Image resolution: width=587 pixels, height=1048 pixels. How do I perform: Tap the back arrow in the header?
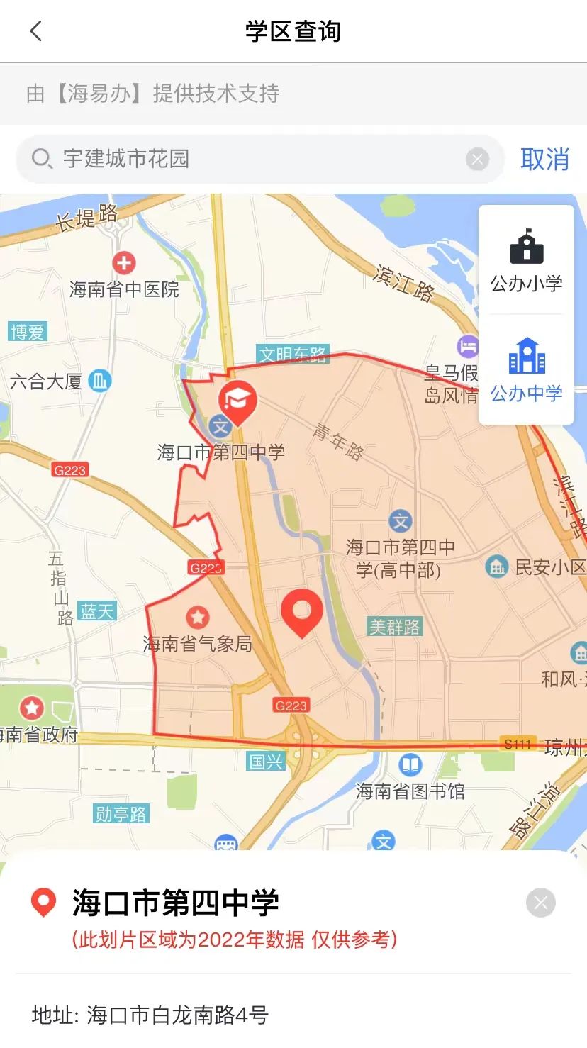(x=36, y=31)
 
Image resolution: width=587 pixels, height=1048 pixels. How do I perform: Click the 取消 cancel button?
(x=544, y=160)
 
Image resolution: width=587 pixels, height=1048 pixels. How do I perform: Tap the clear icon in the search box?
(x=477, y=160)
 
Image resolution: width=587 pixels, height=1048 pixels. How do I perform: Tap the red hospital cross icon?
(x=124, y=263)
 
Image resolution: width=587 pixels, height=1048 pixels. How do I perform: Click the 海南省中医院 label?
(x=124, y=289)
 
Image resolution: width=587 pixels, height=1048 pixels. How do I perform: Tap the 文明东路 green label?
(x=292, y=354)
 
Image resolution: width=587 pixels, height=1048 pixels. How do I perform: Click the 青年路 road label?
(x=338, y=442)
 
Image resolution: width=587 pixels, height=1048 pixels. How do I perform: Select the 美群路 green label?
(x=395, y=627)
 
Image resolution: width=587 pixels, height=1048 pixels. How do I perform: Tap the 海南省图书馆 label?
(x=410, y=791)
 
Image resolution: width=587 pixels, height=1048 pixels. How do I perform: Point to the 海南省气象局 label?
(x=198, y=643)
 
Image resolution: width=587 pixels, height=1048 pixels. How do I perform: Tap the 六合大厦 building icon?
(x=100, y=381)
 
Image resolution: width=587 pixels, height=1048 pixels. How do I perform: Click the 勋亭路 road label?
(x=121, y=814)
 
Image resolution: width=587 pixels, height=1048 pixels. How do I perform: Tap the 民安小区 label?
(x=550, y=567)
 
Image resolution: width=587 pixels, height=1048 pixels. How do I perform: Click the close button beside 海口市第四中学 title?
(x=540, y=903)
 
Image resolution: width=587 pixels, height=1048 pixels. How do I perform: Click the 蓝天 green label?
(x=97, y=611)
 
